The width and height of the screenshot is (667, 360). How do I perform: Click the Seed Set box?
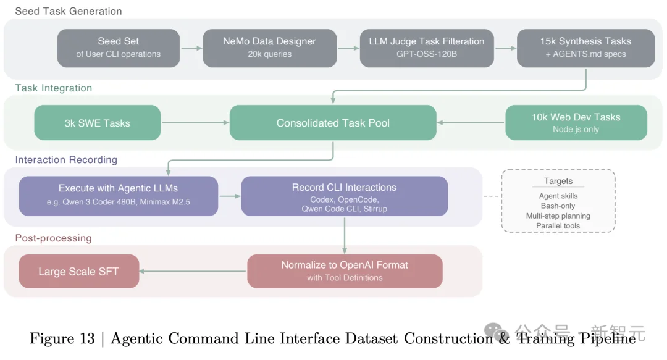[119, 48]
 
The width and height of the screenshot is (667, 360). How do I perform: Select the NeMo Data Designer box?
[269, 48]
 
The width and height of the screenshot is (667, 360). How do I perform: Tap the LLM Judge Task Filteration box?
[426, 48]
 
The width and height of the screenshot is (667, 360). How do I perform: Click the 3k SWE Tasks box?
[98, 123]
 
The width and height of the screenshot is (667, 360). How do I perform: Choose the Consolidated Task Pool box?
[333, 123]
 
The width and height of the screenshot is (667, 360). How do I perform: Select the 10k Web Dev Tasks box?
[576, 122]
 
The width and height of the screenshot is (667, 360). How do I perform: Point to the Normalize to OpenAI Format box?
[345, 271]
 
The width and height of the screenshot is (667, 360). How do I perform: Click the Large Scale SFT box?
[78, 271]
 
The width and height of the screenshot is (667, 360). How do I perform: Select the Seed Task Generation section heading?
[69, 11]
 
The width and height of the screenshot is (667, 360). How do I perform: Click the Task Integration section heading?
[54, 88]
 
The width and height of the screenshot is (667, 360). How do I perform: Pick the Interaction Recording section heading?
[66, 160]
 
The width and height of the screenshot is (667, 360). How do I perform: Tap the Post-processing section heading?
[54, 238]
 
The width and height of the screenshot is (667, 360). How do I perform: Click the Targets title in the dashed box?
[558, 181]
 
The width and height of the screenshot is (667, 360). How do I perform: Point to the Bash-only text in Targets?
[558, 206]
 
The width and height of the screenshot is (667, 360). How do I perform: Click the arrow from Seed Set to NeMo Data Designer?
[191, 48]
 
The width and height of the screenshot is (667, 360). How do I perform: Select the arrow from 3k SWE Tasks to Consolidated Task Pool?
[195, 123]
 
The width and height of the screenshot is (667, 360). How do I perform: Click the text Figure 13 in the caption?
[62, 338]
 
